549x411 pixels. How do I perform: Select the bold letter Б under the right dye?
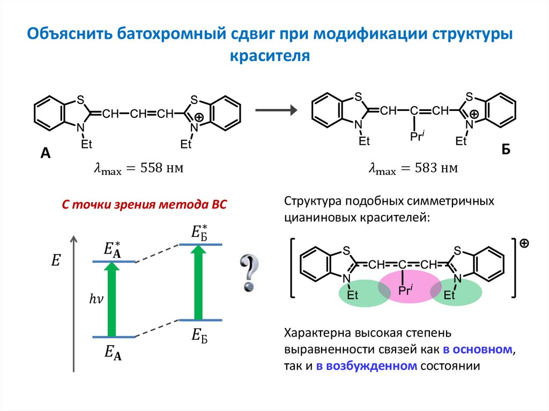506,150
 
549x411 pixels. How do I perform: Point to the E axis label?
56,261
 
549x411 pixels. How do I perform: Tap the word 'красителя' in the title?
270,56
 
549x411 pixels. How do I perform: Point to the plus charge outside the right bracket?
524,243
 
